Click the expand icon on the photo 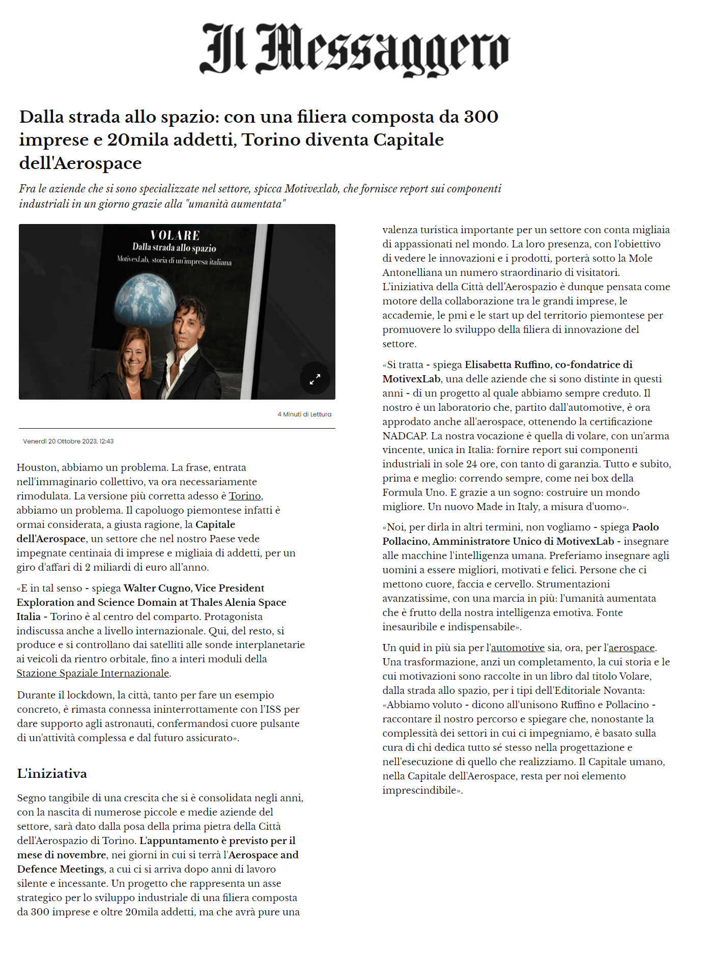point(315,379)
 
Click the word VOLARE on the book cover point(175,235)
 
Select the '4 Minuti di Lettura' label point(304,414)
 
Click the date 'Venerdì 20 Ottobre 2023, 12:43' point(68,441)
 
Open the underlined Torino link point(245,496)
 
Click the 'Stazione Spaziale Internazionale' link point(93,673)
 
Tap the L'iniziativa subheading point(52,774)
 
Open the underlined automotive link point(518,648)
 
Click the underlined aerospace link point(631,648)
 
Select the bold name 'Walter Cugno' point(156,588)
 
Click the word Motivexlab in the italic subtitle point(311,189)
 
